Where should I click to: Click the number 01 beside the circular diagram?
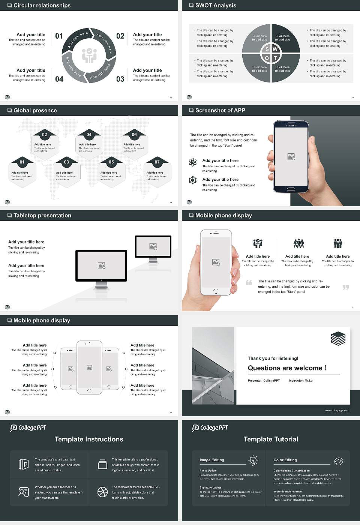59,36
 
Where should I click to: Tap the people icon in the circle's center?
89,55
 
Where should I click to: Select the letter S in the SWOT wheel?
267,49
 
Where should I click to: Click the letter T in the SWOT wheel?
275,58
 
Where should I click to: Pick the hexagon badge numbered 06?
134,135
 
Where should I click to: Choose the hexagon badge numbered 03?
66,162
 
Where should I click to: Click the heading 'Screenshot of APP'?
220,110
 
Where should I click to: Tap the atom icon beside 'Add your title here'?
193,162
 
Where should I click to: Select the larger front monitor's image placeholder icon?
101,265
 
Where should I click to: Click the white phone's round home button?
216,291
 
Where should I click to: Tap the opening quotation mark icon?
249,282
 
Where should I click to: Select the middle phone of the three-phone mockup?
89,367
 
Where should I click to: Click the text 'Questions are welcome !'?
287,368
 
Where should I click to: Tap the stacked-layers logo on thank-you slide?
338,339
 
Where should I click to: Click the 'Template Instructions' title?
89,439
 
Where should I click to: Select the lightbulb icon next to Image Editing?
253,460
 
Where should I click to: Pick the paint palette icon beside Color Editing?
338,461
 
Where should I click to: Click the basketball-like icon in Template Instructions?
102,492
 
